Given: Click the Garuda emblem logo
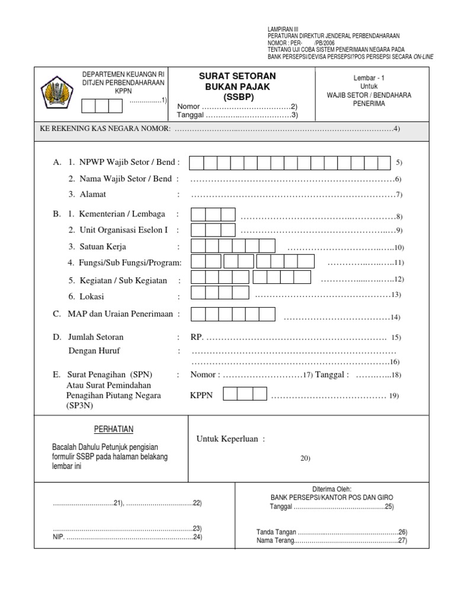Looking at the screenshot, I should click(x=57, y=92).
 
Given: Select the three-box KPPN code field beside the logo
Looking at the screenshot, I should click(x=102, y=106).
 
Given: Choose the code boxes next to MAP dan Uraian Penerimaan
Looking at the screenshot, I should click(x=232, y=314).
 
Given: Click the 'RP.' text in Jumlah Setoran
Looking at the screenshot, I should click(x=197, y=337).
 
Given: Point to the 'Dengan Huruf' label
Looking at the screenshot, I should click(x=94, y=351).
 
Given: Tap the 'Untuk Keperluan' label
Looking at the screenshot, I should click(x=230, y=439).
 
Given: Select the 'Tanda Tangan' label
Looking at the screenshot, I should click(x=276, y=532).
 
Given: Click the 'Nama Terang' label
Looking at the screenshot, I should click(x=275, y=541).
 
